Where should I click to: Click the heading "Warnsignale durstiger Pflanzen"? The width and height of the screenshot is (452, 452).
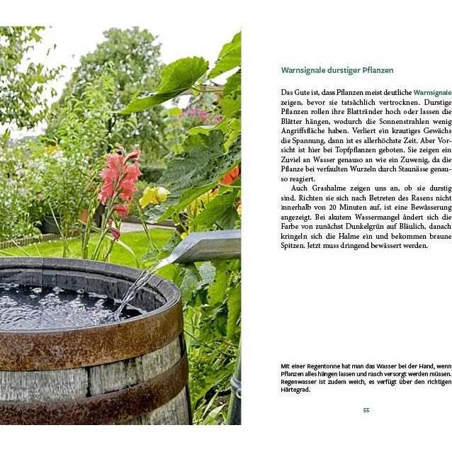pos(337,71)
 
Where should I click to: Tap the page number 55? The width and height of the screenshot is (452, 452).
pos(366,410)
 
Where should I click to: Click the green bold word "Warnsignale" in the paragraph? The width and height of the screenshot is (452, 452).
pos(431,93)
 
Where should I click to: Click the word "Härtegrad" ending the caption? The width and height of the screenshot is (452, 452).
pos(295,389)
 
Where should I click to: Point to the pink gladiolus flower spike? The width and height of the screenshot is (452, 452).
pos(118,180)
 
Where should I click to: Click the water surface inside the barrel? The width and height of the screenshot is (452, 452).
pos(57,305)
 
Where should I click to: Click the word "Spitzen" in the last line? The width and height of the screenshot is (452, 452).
pos(293,246)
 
